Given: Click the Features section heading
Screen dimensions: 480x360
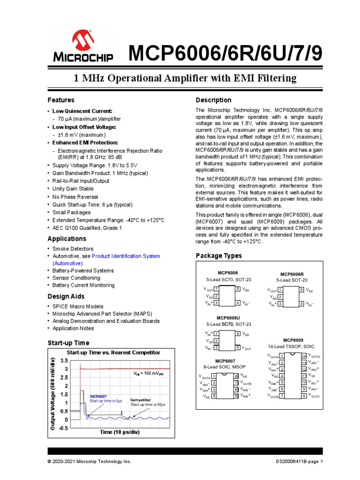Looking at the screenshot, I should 61,100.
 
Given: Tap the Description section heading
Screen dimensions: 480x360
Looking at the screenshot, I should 213,100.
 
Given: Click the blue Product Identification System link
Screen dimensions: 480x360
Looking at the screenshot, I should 126,256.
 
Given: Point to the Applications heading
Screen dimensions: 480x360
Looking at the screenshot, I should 67,239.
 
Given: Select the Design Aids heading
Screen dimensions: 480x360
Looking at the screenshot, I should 66,296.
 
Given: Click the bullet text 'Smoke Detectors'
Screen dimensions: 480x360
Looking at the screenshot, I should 73,249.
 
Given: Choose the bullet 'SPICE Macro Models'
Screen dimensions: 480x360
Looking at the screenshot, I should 77,307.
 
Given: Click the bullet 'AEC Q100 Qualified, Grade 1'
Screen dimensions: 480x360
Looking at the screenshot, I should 87,228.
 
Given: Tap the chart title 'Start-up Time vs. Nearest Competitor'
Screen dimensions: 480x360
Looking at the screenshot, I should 113,352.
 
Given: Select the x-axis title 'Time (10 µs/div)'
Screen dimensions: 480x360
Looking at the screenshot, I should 119,432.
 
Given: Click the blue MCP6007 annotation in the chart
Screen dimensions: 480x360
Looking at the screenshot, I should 99,396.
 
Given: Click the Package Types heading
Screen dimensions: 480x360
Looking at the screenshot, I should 218,256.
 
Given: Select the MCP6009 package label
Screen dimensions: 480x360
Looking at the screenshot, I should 293,340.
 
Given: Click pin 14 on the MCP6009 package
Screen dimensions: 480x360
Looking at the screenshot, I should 304,356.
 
